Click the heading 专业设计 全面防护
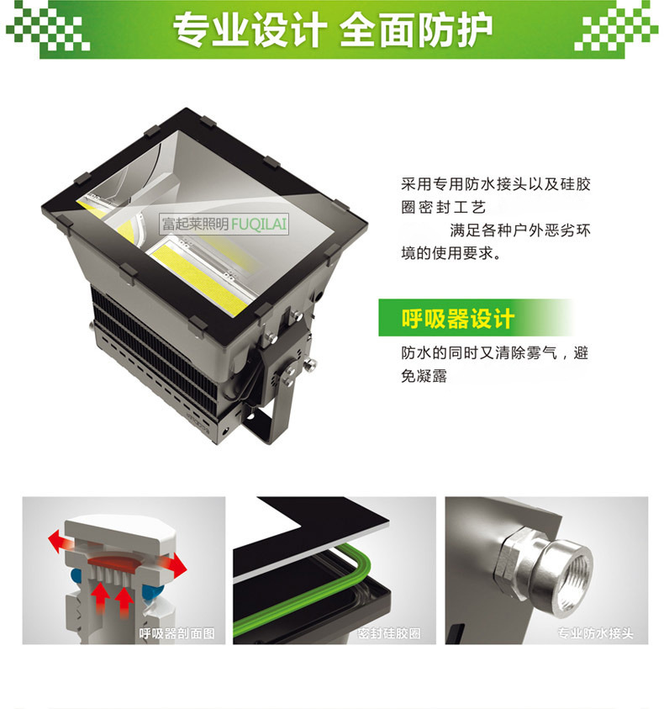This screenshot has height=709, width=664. coord(332,29)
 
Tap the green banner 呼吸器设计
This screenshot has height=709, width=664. coord(475,317)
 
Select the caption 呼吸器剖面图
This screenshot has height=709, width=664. coord(177,633)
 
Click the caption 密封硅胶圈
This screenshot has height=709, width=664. coord(389,633)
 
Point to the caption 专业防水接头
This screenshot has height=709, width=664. coord(595,633)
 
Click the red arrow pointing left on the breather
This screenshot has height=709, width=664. coord(58,542)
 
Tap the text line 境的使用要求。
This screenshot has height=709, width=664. coord(451,253)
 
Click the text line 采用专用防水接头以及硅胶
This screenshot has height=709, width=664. coord(496,184)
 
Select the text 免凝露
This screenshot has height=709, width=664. coord(424,376)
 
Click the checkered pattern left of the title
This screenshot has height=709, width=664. coord(48,27)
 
